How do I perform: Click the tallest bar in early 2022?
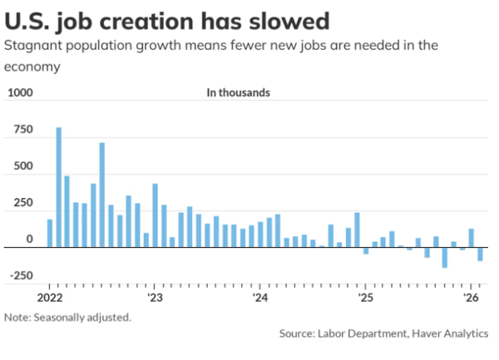[x=58, y=187]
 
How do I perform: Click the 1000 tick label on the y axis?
[x=19, y=94]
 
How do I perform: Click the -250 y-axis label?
[x=20, y=276]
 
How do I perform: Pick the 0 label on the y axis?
[x=29, y=239]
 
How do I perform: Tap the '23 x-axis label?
[x=155, y=297]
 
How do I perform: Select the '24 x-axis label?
[x=259, y=297]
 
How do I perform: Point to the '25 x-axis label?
[x=365, y=297]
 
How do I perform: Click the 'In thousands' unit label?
[x=238, y=93]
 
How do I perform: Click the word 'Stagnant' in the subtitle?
[x=32, y=46]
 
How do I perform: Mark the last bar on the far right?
[x=480, y=254]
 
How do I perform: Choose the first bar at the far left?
[x=50, y=234]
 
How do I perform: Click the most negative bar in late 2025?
[x=445, y=258]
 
